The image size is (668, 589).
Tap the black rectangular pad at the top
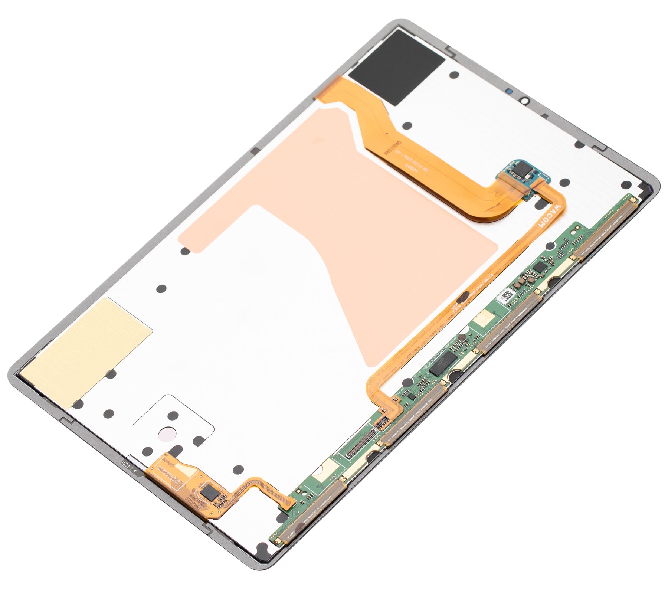[x=396, y=67]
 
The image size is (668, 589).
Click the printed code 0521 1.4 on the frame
[x=130, y=465]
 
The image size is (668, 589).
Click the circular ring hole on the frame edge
[x=524, y=101]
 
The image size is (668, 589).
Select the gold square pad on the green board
[x=484, y=318]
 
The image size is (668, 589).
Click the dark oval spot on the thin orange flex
[x=463, y=297]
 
